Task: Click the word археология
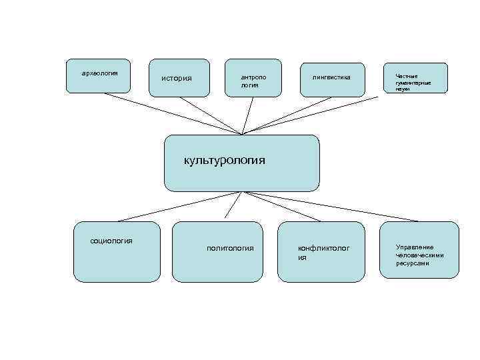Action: pyautogui.click(x=99, y=72)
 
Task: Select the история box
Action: pyautogui.click(x=177, y=79)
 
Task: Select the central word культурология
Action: pyautogui.click(x=225, y=160)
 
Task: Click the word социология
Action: pyautogui.click(x=111, y=241)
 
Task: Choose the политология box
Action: pyautogui.click(x=230, y=248)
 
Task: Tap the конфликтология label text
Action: pyautogui.click(x=323, y=252)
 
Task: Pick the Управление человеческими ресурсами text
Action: pyautogui.click(x=419, y=255)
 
